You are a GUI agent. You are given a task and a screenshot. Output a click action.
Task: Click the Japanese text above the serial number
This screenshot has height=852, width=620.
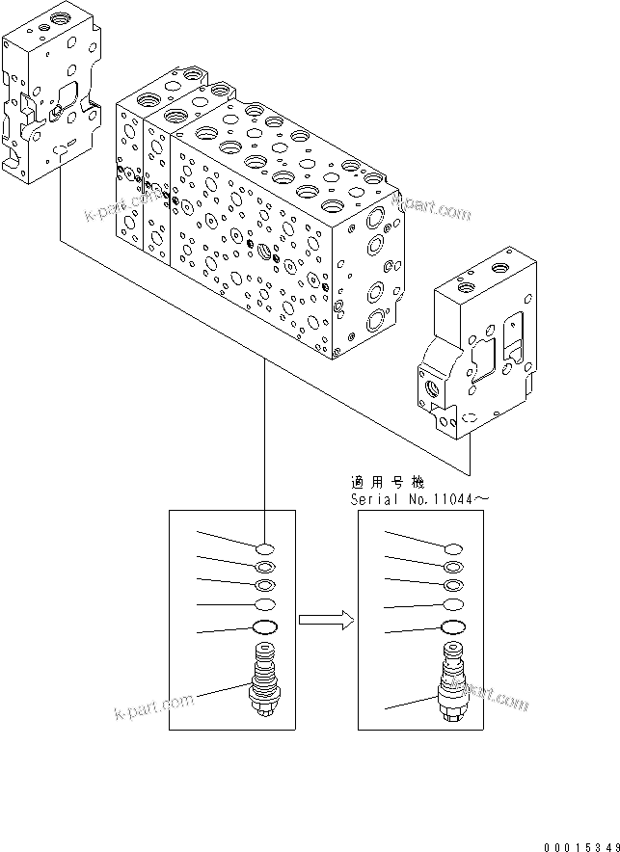pos(386,481)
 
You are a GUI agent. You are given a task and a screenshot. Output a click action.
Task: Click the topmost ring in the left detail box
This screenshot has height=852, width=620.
pos(264,547)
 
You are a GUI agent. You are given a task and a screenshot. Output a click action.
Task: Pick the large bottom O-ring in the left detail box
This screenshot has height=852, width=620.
pos(264,628)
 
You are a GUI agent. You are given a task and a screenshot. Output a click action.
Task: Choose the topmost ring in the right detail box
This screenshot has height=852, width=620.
pos(452,547)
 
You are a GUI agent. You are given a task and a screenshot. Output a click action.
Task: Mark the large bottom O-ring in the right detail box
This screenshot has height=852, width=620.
pos(452,628)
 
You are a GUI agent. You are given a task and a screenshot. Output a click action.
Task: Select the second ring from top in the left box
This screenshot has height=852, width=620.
pos(264,567)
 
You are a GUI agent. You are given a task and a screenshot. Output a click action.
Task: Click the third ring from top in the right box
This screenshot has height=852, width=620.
pos(452,584)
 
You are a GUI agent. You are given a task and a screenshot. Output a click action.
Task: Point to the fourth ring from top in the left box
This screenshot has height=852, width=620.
pos(264,604)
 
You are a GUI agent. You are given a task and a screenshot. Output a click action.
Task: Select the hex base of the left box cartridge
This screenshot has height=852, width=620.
pos(264,711)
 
